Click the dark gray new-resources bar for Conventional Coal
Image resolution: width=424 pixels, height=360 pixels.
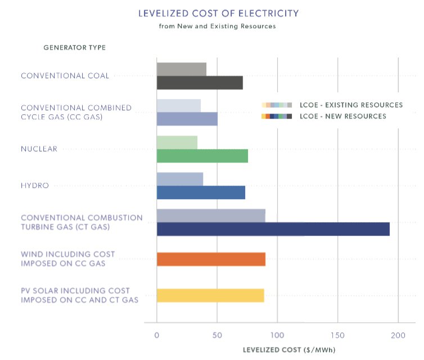pos(200,83)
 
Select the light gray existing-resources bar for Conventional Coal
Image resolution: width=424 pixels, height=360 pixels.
pos(181,69)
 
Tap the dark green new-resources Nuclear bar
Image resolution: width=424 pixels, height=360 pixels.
pos(202,156)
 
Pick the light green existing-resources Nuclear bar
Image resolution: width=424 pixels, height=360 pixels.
pos(177,142)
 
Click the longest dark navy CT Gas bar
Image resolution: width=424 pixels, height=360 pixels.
pos(273,229)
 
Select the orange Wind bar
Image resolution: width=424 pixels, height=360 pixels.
pos(211,259)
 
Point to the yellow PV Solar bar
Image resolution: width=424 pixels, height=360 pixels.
pos(210,295)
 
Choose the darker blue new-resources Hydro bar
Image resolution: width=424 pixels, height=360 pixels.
pos(201,192)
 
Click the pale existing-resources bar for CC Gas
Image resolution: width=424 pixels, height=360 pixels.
pos(178,106)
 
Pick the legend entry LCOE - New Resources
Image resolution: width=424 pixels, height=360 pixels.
pos(343,116)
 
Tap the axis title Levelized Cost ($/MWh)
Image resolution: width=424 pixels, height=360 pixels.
pos(289,350)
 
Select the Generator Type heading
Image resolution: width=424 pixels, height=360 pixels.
pos(74,47)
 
